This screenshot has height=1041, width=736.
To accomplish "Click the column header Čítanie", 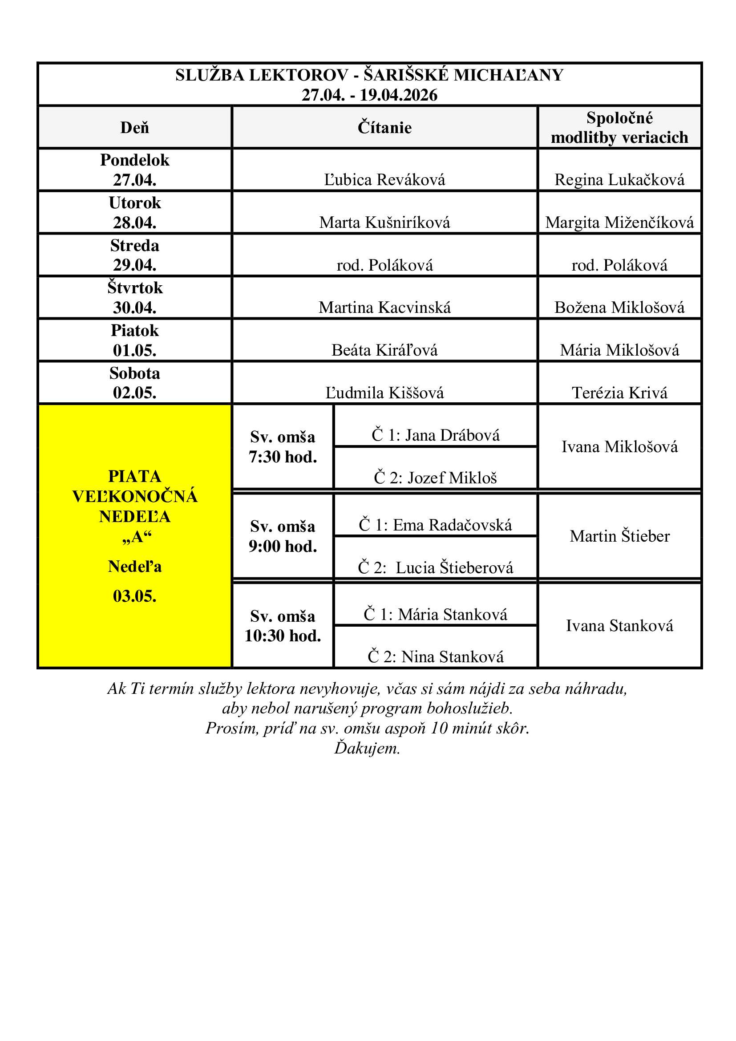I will click(x=384, y=127).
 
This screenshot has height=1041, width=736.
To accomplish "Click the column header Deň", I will click(x=134, y=127).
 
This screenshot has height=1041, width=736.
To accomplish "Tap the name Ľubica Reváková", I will click(x=384, y=179).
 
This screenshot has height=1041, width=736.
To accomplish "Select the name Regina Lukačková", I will click(x=619, y=179).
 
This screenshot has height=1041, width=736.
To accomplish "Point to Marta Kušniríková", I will click(x=384, y=222).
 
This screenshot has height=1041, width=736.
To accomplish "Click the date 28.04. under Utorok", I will click(x=134, y=222).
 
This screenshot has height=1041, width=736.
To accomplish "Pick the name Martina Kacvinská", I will click(x=384, y=308).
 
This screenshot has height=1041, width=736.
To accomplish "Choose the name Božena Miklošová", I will click(x=619, y=308).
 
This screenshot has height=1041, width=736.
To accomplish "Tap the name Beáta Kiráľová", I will click(x=384, y=350).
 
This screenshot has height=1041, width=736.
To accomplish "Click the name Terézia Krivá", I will click(x=619, y=393).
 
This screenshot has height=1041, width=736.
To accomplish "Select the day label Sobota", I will click(x=134, y=373).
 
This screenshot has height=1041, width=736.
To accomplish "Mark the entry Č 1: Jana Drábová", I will click(x=436, y=435).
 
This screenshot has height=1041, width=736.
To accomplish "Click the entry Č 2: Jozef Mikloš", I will click(x=436, y=478).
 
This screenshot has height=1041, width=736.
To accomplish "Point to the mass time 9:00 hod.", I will click(x=283, y=547).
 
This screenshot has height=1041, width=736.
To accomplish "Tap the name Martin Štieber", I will click(x=619, y=536).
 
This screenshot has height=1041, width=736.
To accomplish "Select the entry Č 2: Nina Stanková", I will click(x=436, y=656).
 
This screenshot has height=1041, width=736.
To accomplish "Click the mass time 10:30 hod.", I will click(x=283, y=636).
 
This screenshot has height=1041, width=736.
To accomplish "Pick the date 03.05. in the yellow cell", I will click(x=134, y=596).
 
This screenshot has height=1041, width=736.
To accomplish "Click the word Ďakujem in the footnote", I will click(x=367, y=748).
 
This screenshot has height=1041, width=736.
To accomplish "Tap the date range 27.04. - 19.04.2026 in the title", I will click(x=369, y=95).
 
